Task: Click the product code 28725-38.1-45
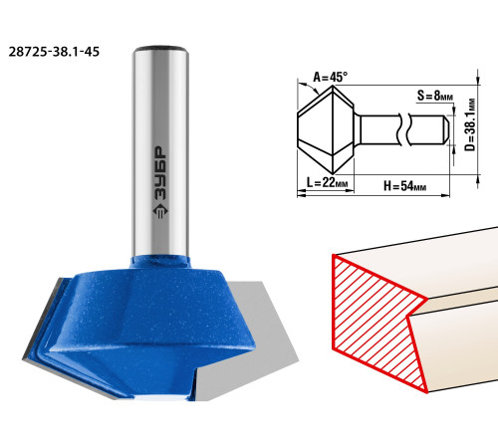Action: (x=54, y=52)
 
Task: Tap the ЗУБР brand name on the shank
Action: (x=160, y=173)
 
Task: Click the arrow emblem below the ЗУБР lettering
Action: (x=160, y=211)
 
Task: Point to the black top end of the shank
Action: (x=160, y=49)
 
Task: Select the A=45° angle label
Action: (x=331, y=78)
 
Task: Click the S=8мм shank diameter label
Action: (x=435, y=96)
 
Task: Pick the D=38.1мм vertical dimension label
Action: (x=470, y=124)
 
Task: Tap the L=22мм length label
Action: (x=327, y=182)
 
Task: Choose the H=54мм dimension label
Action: (x=404, y=186)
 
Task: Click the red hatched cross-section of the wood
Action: (x=372, y=319)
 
